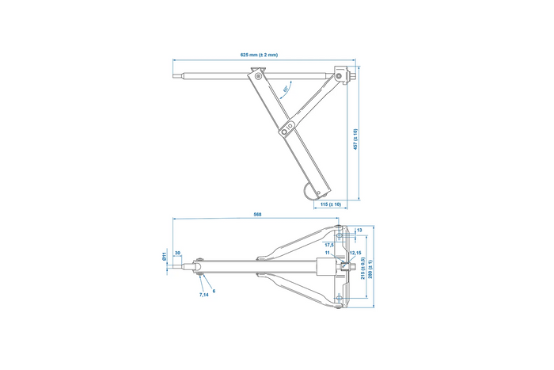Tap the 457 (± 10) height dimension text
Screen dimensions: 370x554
(356, 139)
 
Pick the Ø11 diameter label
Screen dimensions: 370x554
(164, 257)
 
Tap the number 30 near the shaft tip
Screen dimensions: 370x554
(177, 253)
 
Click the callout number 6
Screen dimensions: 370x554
(214, 290)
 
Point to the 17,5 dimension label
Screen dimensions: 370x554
(330, 246)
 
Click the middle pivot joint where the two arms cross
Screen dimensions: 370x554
(290, 125)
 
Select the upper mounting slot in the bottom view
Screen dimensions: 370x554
(339, 234)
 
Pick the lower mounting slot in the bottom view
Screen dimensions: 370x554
(339, 299)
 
